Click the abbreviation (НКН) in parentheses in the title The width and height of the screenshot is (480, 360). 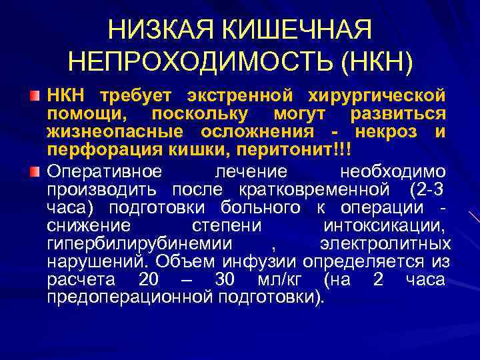pos(376,62)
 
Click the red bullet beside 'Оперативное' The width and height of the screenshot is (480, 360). pos(35,172)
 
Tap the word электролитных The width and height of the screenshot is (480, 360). pos(385,243)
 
